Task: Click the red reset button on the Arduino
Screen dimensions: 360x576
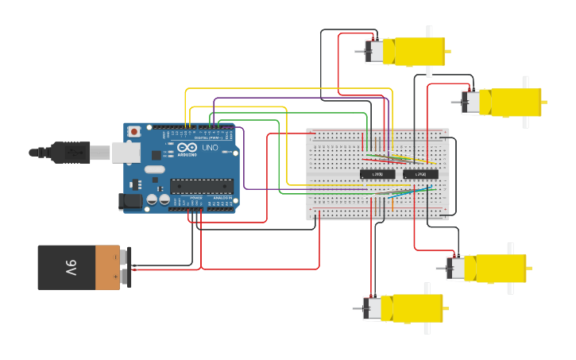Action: pyautogui.click(x=134, y=131)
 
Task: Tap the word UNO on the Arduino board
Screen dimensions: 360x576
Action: pyautogui.click(x=211, y=148)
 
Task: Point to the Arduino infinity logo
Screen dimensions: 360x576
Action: pyautogui.click(x=187, y=148)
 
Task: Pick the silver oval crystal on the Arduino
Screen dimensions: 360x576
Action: pyautogui.click(x=154, y=168)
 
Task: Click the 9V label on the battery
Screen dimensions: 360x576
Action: pyautogui.click(x=70, y=268)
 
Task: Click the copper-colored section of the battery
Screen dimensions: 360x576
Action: pyautogui.click(x=107, y=267)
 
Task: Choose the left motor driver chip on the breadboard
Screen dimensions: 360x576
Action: pyautogui.click(x=377, y=173)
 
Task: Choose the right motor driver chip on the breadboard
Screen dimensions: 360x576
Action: pyautogui.click(x=420, y=173)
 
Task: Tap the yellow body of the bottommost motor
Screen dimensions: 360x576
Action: pyautogui.click(x=410, y=308)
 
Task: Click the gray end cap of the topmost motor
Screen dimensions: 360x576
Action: pyautogui.click(x=373, y=51)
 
